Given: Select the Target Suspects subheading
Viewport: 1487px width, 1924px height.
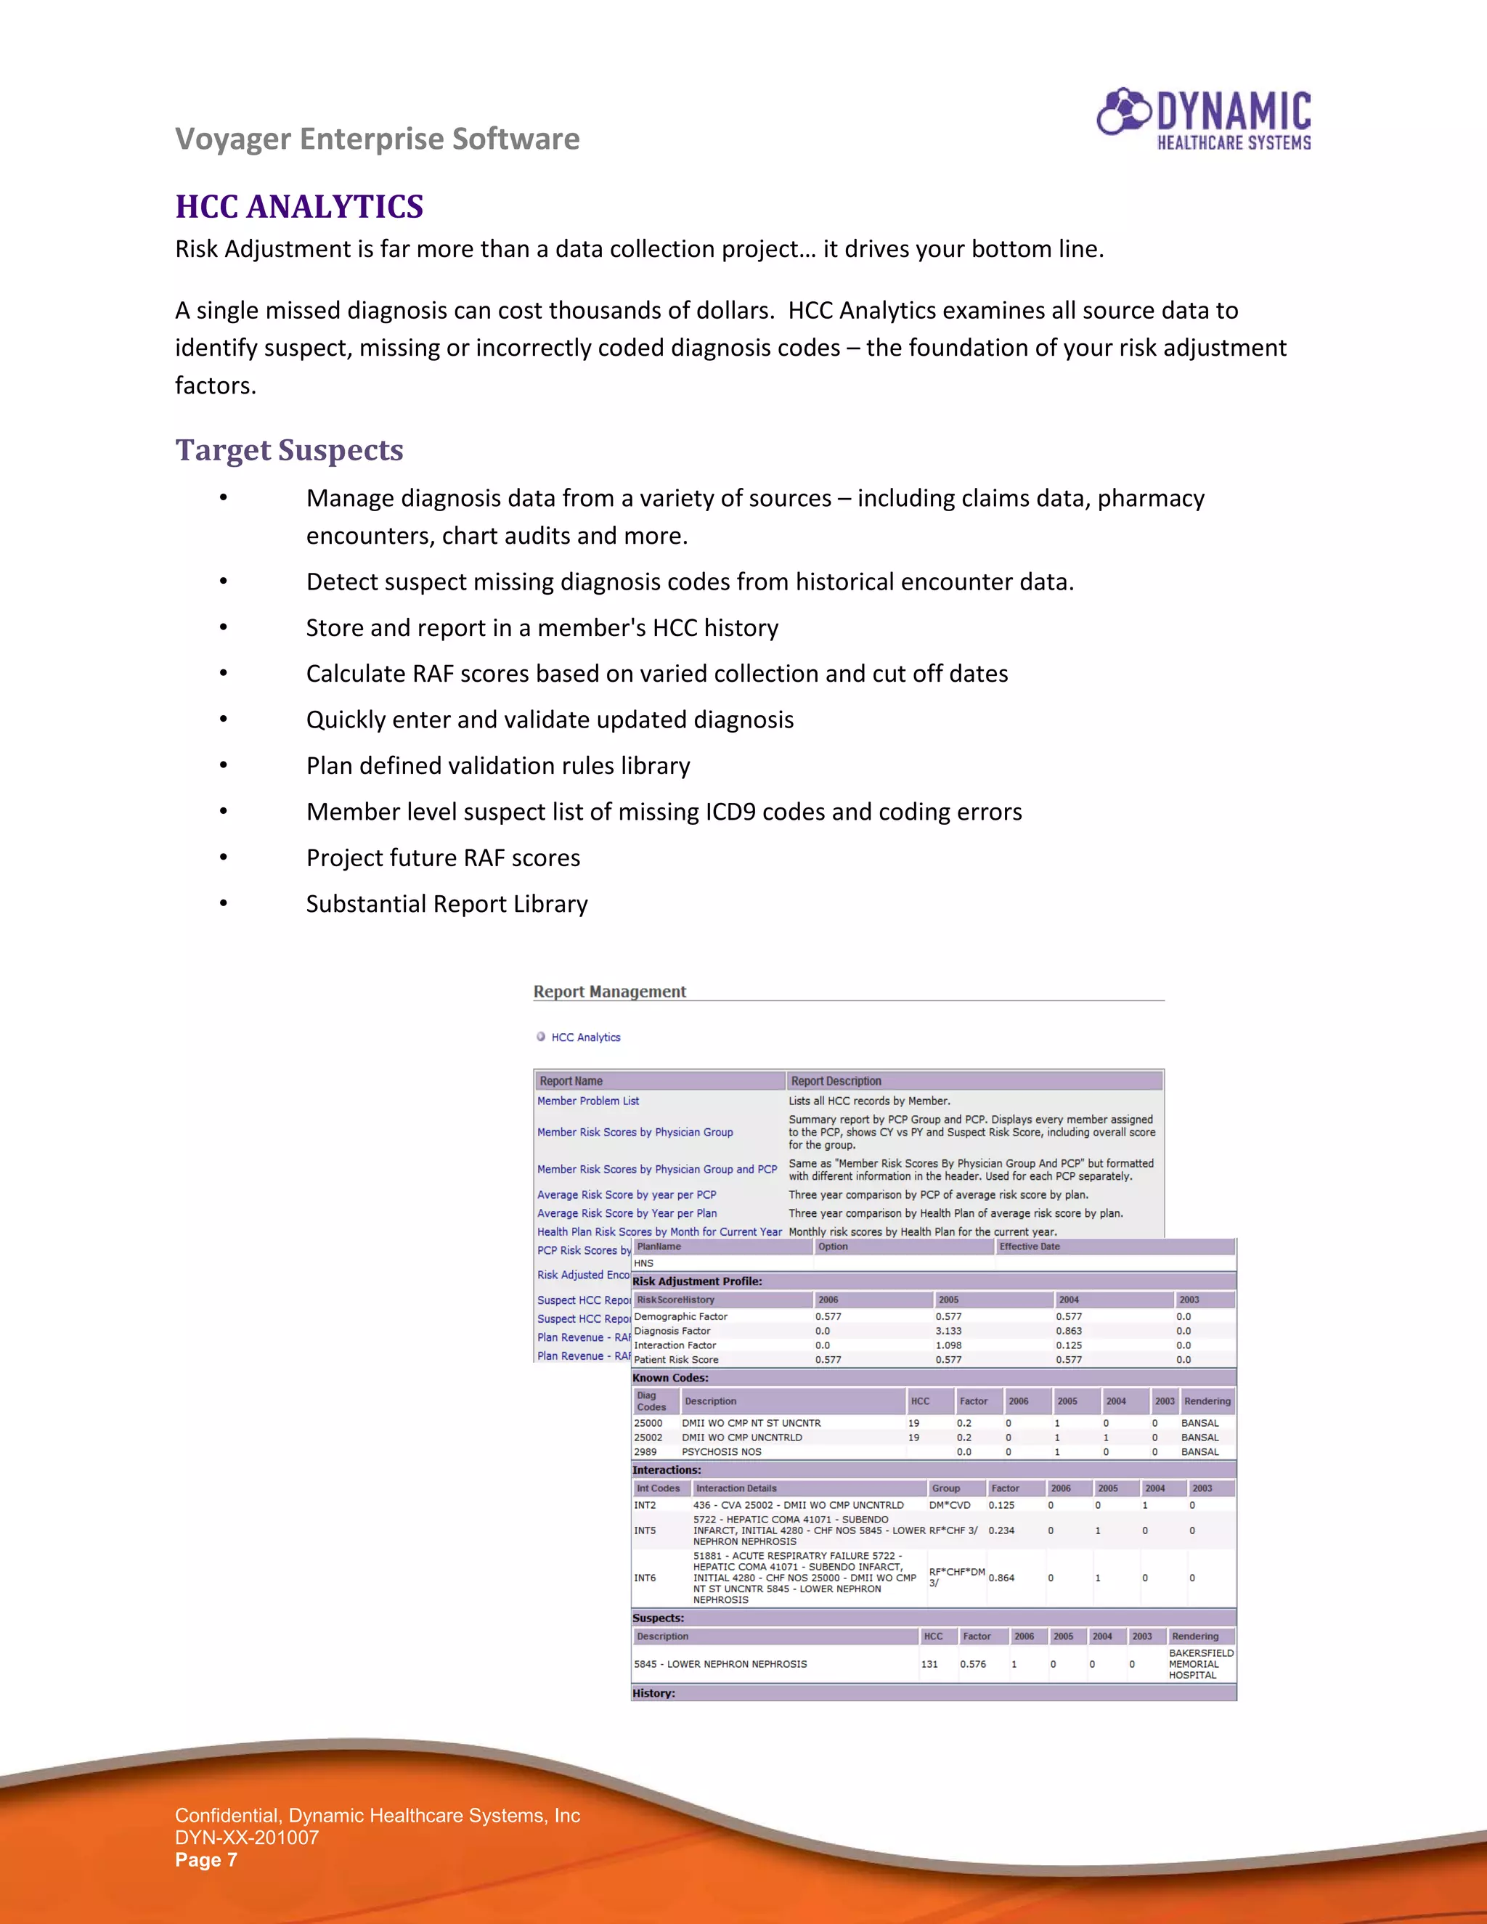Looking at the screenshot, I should point(289,450).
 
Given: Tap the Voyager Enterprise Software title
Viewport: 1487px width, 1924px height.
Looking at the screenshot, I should point(377,139).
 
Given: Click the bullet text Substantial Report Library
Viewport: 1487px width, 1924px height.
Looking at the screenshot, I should point(447,904).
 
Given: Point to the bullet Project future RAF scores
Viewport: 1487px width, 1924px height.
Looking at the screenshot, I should point(443,858).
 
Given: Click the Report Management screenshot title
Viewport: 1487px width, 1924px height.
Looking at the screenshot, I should point(610,991).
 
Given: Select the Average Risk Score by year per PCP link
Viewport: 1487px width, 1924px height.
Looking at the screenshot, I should point(627,1194).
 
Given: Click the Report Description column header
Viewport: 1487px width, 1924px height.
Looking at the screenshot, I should point(836,1081).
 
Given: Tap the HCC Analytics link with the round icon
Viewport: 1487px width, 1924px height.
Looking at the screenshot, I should point(585,1037).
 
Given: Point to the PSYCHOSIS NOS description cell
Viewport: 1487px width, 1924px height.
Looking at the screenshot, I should point(722,1452).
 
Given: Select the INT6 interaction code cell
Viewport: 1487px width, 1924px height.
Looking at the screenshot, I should point(645,1578).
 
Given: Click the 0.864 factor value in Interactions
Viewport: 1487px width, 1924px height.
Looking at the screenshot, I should point(1001,1578).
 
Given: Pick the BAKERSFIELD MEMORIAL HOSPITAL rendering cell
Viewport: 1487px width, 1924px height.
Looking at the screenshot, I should point(1201,1664).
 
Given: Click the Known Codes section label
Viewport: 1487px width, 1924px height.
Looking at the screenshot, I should point(669,1378).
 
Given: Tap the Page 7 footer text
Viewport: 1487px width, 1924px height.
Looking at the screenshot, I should point(206,1859).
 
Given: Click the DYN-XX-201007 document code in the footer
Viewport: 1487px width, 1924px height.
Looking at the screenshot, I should point(247,1838).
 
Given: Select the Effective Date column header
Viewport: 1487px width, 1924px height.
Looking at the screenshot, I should point(1029,1247).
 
